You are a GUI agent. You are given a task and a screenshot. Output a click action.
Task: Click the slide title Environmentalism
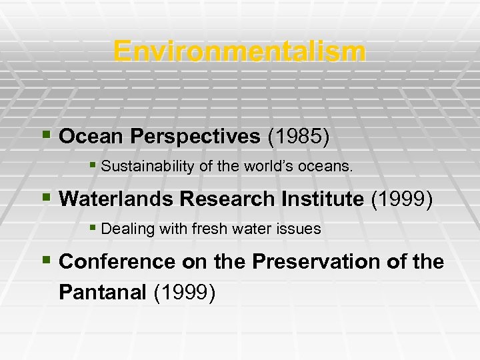coord(239,51)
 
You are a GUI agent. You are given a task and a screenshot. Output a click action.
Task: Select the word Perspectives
coord(196,137)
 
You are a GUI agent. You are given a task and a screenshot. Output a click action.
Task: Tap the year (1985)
coord(298,137)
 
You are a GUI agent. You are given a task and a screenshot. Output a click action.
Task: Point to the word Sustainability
coord(143,167)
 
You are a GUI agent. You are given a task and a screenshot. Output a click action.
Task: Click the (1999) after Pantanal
coord(184,293)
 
